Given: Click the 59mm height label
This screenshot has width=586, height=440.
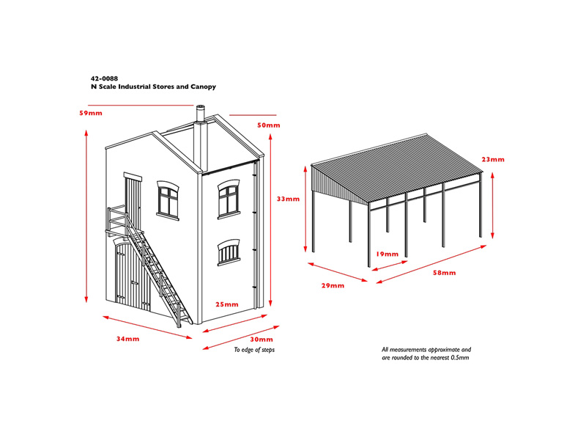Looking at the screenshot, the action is click(x=91, y=113).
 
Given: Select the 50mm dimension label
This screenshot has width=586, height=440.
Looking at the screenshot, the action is click(x=268, y=125).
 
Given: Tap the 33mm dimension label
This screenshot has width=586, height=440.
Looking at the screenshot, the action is click(x=288, y=199).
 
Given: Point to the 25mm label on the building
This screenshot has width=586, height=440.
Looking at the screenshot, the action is click(x=227, y=304).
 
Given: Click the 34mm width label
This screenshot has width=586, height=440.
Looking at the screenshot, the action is click(x=127, y=339).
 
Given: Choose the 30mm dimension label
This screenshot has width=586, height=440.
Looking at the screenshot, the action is click(x=262, y=340).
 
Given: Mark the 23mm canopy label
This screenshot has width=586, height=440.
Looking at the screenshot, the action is click(x=493, y=159).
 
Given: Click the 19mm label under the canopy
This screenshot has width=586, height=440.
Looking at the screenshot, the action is click(x=387, y=254).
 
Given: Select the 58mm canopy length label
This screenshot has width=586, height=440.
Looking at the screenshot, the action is click(x=445, y=273).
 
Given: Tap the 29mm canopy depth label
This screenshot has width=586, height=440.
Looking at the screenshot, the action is click(x=333, y=285).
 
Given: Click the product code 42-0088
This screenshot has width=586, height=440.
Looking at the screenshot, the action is click(x=104, y=78).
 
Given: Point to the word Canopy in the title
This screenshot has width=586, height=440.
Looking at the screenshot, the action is click(x=204, y=87).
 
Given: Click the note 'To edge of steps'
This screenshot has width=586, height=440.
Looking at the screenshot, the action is click(x=254, y=350).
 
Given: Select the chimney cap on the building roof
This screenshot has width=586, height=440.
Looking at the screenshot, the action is click(x=201, y=108).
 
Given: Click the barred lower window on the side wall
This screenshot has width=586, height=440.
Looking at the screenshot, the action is click(x=229, y=252).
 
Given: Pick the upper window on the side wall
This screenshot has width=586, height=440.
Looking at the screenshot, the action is click(x=229, y=199).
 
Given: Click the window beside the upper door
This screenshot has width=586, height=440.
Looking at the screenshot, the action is click(x=168, y=200).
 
